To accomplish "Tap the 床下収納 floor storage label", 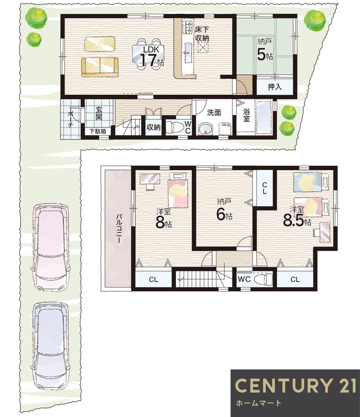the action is pos(202,34).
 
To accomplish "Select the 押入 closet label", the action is pos(275,87).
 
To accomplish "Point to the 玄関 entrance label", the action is pos(99,113).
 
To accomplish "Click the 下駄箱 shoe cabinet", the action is pos(98,131).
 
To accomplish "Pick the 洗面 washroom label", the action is pos(214,112).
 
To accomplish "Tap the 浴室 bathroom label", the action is pos(246,115).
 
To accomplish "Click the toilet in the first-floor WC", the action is pos(175,127).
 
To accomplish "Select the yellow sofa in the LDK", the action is pos(100,67).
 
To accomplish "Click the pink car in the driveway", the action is pos(50,247).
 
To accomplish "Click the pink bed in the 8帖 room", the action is pos(177,190).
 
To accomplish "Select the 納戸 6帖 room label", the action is pos(224,210).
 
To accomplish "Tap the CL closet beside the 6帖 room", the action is pos(264,188).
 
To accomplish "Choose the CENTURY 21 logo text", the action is pos(296,385).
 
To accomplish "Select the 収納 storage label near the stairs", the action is pos(154,127).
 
